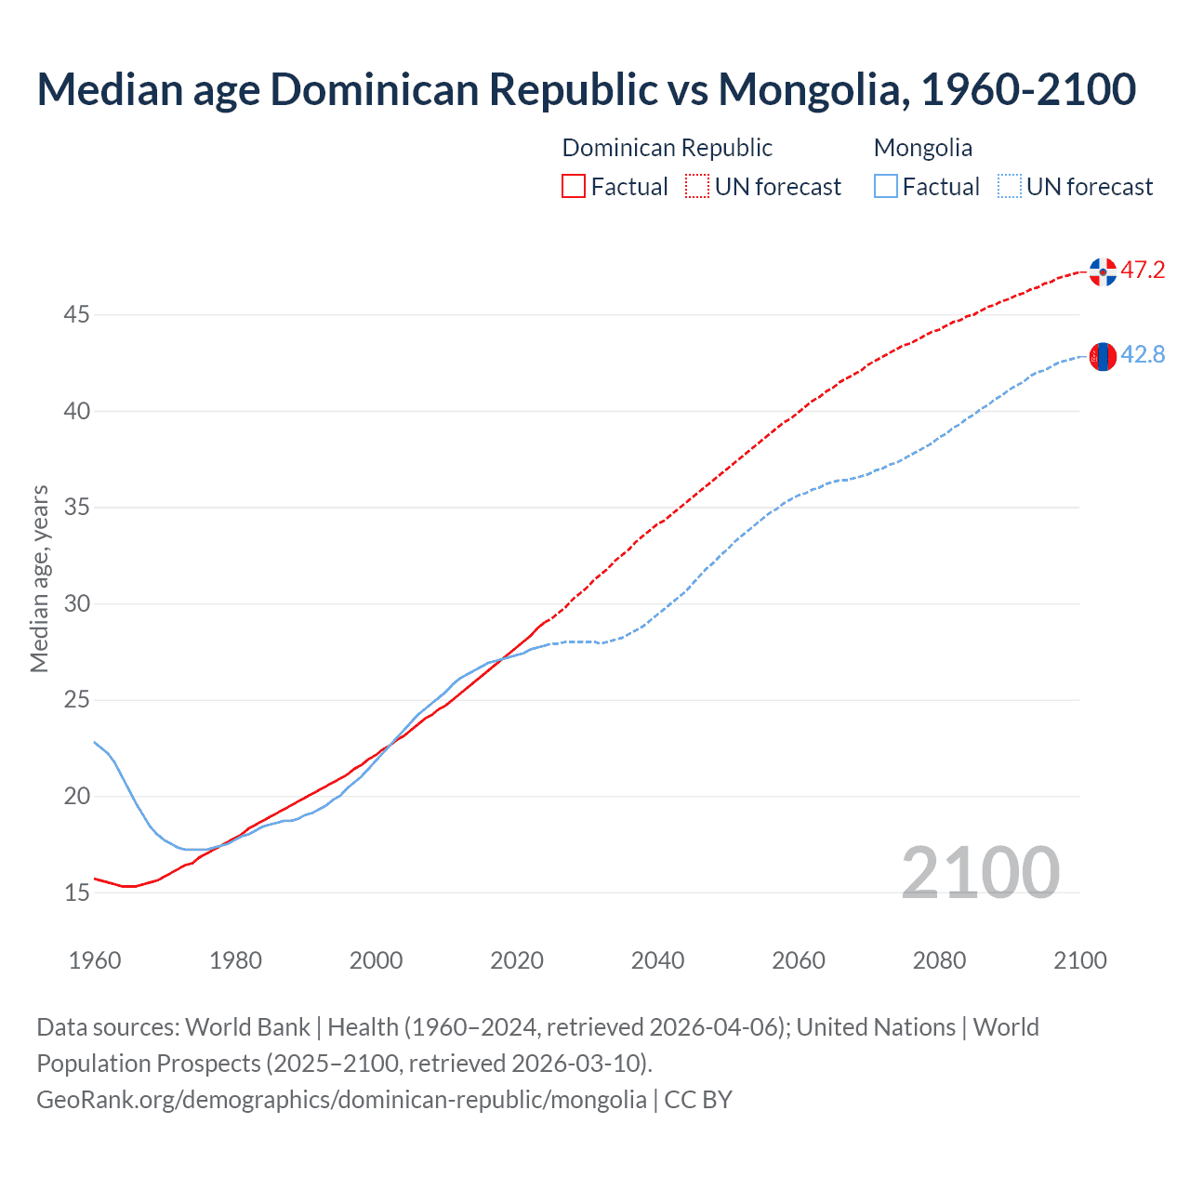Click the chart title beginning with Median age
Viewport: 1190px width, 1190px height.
586,89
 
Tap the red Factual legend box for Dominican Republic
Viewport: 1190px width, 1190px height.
574,187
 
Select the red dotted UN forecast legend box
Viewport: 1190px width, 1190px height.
697,187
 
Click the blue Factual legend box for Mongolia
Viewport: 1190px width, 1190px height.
885,187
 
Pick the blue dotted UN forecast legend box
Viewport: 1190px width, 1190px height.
1009,187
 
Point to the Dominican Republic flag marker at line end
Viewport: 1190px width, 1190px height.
1103,272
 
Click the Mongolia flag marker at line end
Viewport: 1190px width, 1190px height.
1103,356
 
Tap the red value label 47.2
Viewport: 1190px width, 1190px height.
1143,271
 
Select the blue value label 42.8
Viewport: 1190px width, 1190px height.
1143,355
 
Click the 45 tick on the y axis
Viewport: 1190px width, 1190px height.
76,315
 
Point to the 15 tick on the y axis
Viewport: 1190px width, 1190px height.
76,893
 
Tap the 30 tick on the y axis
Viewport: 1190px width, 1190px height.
76,604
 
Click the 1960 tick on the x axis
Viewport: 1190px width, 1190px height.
95,960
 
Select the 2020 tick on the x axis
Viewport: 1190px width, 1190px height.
517,960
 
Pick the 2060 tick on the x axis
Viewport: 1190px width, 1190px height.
799,960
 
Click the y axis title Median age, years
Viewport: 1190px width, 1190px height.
39,578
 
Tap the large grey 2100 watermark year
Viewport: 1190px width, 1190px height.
980,872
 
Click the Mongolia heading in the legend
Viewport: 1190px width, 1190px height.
922,148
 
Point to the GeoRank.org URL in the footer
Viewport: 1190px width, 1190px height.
341,1100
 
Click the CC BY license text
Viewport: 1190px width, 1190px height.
698,1100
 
